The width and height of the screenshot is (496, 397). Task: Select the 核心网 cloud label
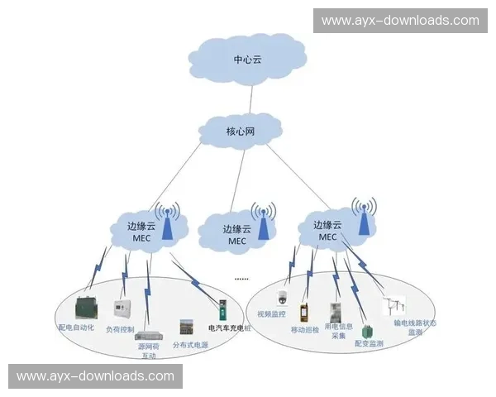point(241,131)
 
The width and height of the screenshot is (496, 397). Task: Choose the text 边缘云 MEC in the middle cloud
point(238,235)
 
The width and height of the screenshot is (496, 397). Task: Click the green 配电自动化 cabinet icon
point(86,309)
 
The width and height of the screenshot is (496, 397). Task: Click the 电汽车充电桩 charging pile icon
point(222,310)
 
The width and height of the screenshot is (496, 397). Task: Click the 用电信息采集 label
point(335,331)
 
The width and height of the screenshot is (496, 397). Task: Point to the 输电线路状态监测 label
point(414,328)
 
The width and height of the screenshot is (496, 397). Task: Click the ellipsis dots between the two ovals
point(241,278)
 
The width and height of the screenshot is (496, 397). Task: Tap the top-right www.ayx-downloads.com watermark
point(400,21)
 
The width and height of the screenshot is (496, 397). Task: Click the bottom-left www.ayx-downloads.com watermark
point(95,376)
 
